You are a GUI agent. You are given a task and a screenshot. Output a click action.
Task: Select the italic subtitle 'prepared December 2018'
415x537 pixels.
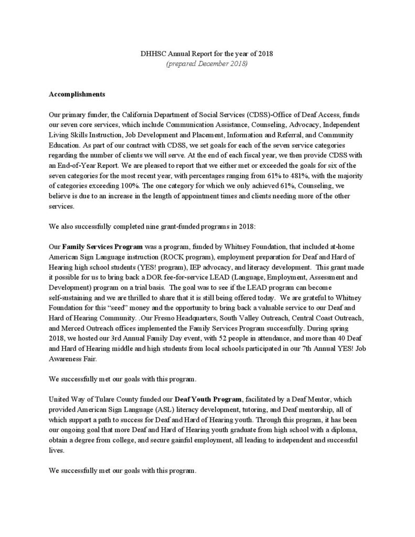click(x=207, y=64)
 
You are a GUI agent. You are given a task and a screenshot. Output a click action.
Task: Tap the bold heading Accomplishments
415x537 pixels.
click(x=77, y=95)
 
